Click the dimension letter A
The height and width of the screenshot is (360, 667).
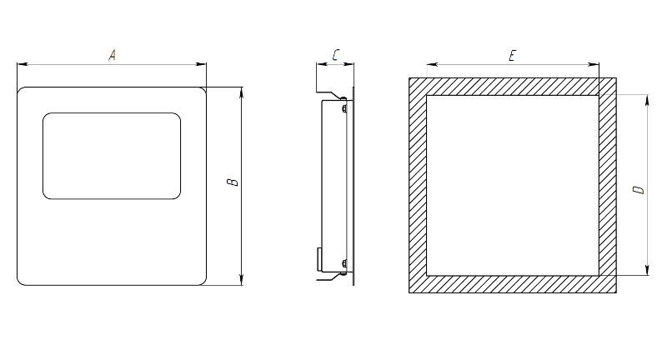(112, 55)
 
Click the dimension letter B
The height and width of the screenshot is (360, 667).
(233, 182)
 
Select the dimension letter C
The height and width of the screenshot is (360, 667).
(336, 55)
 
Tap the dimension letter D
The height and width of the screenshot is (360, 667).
(639, 189)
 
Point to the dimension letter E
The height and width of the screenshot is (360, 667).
(512, 56)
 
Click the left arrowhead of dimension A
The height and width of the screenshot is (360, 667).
(23, 64)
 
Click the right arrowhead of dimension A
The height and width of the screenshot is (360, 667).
(201, 64)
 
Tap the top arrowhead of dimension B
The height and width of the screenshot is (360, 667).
(242, 92)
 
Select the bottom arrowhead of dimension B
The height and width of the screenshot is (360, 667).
(242, 280)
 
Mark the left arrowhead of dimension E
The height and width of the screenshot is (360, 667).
(432, 65)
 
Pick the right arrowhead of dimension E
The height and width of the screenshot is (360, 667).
(594, 65)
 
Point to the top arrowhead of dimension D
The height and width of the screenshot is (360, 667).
(648, 100)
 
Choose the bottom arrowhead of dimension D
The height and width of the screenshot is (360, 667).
(648, 270)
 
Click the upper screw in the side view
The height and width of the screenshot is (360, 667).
(344, 108)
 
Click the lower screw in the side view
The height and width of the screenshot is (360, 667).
(344, 263)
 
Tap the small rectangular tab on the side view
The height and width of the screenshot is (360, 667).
(319, 259)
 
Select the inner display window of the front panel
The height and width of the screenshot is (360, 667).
(112, 156)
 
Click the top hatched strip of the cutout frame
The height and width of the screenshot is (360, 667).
(513, 87)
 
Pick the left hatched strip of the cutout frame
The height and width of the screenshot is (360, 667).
(418, 185)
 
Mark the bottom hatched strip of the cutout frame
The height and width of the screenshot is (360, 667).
(513, 284)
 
